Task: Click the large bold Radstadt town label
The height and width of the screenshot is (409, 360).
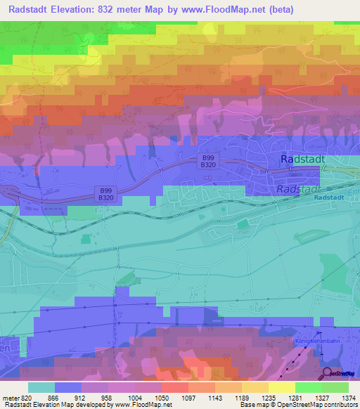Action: click(x=302, y=160)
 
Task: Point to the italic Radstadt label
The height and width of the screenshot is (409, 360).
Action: click(x=298, y=189)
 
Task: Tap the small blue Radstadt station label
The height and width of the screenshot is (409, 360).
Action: click(x=329, y=197)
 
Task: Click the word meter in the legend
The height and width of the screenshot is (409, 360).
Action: click(x=10, y=398)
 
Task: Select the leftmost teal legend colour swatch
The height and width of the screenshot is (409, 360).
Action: click(x=41, y=387)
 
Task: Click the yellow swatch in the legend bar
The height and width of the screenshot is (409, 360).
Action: click(x=282, y=387)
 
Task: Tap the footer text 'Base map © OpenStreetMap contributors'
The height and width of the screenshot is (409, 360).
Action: click(x=297, y=405)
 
